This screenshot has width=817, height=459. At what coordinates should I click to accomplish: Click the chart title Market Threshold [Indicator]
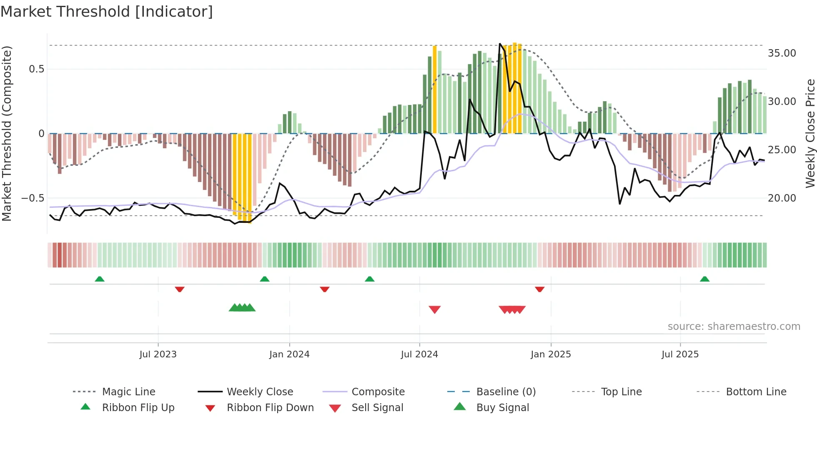point(107,12)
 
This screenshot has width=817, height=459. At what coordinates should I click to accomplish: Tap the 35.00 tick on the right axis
point(782,53)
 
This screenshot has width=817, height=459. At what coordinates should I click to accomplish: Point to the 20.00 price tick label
point(782,198)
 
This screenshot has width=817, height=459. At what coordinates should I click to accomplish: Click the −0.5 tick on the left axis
point(33,198)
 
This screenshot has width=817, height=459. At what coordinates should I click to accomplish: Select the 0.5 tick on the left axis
point(36,69)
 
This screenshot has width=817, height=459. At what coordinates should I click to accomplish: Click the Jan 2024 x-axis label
point(289,354)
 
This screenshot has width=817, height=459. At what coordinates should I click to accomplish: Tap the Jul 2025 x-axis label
point(680,354)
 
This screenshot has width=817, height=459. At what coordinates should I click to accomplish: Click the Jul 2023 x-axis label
point(158,354)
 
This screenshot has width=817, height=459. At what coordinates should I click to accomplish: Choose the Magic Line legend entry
point(128,392)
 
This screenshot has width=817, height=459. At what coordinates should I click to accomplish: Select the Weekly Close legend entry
point(260,392)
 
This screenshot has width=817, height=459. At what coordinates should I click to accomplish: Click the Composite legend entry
point(378,392)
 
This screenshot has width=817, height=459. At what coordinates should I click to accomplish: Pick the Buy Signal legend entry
point(502,408)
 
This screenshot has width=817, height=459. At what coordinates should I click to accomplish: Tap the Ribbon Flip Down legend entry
point(270,408)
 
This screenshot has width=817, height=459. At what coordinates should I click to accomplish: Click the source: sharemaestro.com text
point(734,327)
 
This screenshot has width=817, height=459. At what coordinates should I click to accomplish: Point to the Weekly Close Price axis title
point(810,133)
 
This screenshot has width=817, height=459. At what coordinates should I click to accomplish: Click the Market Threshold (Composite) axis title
point(7,133)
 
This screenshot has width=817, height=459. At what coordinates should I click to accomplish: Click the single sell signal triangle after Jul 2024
point(435,309)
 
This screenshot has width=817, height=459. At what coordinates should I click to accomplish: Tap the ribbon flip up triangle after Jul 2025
point(704,279)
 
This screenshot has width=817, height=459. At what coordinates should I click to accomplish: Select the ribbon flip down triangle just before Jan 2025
point(540,289)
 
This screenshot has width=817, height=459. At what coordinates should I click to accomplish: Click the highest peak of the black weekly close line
point(500,44)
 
